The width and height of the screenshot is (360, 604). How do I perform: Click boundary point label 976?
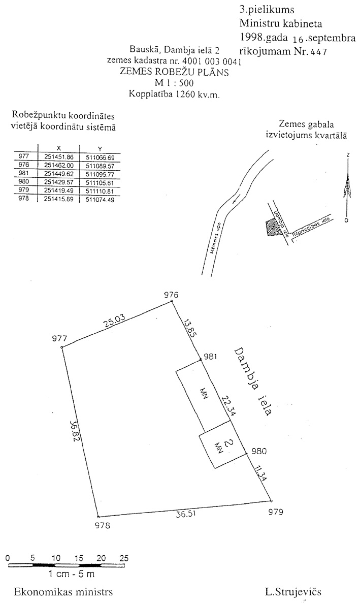tap(172, 295)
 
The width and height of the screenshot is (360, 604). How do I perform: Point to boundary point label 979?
tap(275, 512)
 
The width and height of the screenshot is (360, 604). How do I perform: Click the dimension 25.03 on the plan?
tap(115, 322)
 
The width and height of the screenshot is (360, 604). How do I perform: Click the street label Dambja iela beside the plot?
tap(252, 381)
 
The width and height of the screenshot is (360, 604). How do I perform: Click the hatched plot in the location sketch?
tap(273, 228)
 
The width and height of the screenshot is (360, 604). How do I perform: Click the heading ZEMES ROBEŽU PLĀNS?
tap(174, 72)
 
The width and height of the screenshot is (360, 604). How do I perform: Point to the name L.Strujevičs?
tap(293, 592)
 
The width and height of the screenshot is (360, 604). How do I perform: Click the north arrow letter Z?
tap(348, 155)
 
